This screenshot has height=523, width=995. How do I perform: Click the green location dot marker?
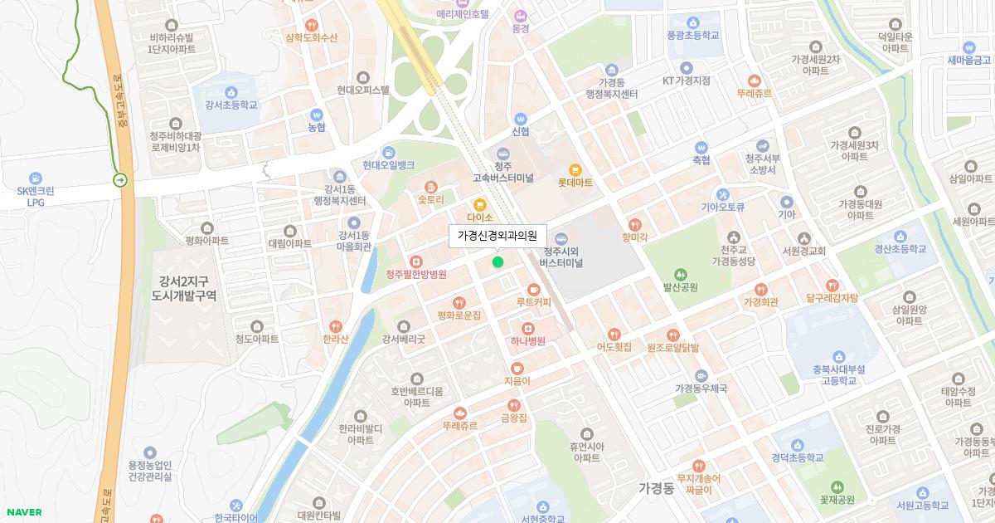point(498,262)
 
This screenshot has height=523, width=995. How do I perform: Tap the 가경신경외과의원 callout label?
point(498,236)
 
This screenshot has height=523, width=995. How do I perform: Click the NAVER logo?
point(23,512)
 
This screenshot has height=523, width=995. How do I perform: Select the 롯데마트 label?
point(575,183)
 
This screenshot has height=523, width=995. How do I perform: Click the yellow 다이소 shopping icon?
point(478,205)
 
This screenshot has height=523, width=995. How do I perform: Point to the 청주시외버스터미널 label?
point(561,257)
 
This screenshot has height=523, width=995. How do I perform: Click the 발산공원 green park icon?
point(680,275)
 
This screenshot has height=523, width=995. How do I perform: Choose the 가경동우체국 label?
point(701,388)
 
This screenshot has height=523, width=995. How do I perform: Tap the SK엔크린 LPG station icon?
point(36,178)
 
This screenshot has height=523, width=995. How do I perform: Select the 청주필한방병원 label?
point(416,275)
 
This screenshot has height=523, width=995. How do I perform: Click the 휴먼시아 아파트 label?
point(585,452)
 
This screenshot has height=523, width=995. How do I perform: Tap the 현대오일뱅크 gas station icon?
point(388,153)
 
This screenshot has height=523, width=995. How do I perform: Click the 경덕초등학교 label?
point(797,457)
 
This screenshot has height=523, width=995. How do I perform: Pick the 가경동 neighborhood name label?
point(657,488)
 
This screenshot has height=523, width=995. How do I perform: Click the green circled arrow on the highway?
point(121,179)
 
